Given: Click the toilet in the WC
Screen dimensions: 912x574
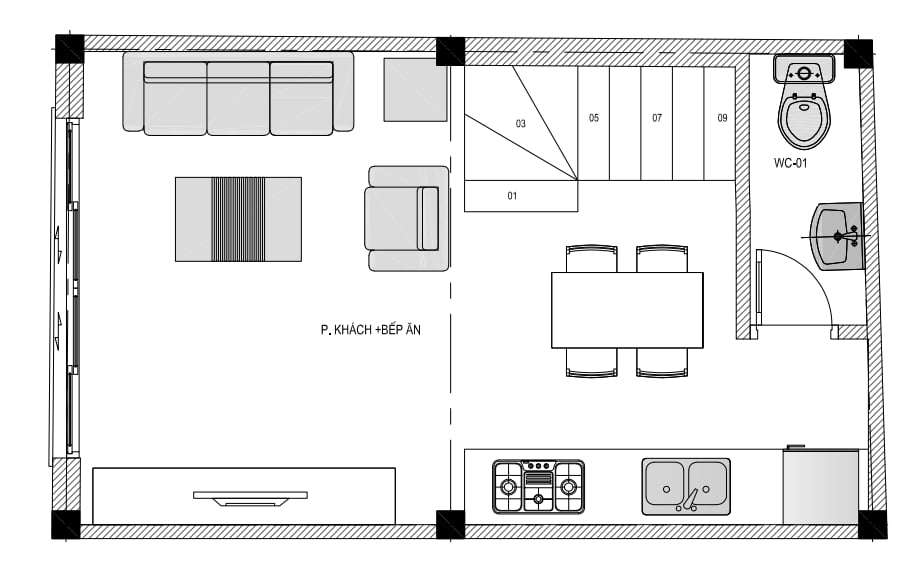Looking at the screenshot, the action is (804, 102).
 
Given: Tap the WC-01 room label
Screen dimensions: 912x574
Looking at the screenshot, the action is (790, 163).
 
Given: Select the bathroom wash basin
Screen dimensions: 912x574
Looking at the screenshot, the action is (837, 236).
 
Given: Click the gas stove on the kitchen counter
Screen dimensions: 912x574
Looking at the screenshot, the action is (539, 486).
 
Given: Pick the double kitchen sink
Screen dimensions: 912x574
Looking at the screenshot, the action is (686, 486).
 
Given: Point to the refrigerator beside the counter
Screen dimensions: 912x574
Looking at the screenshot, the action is (821, 486).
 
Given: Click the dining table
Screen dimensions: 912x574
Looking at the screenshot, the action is (627, 310).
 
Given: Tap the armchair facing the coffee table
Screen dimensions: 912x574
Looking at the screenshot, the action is (407, 219).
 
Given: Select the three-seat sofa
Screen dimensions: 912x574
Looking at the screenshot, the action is (238, 94).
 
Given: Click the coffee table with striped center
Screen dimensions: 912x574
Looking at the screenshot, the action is (238, 219).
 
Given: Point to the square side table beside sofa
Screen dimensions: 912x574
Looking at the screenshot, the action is (415, 90).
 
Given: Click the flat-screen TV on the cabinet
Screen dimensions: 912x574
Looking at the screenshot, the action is (250, 498).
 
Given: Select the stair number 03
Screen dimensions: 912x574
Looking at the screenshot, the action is (521, 123).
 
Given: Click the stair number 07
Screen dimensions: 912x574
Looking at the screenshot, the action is (657, 118).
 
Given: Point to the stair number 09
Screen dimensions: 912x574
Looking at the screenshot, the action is (722, 118).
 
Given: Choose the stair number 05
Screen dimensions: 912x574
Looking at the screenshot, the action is (593, 118).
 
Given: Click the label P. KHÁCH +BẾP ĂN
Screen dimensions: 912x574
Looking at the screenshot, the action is (370, 330).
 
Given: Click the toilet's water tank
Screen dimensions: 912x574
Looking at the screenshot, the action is (804, 69).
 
